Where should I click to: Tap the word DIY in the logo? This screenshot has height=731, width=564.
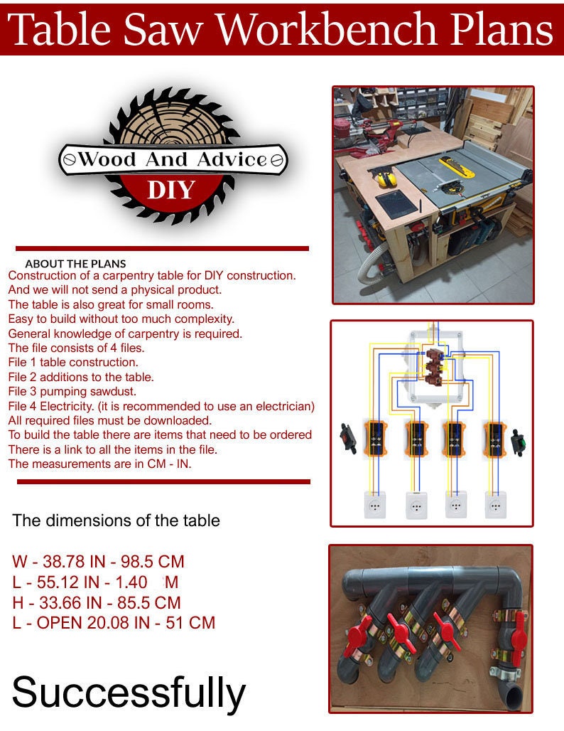170,191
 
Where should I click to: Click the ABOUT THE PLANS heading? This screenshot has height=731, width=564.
75,263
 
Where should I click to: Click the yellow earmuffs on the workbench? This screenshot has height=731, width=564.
387,178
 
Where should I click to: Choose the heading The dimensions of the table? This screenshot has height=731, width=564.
116,521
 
